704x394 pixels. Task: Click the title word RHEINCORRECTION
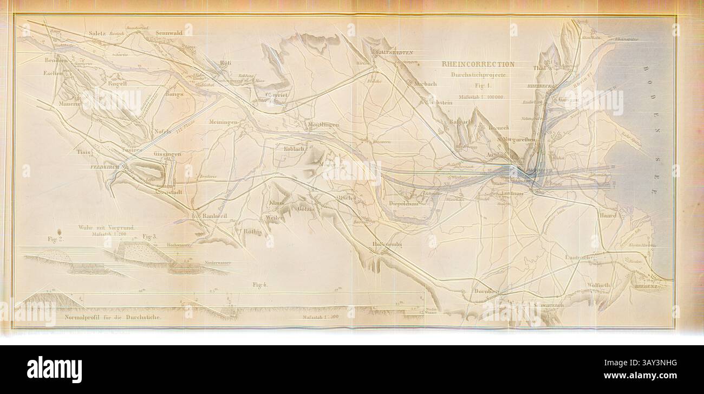(x=478, y=64)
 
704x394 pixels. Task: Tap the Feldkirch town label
(x=105, y=168)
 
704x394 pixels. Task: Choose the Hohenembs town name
(x=388, y=244)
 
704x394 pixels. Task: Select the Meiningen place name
(x=224, y=122)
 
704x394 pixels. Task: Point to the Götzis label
(x=305, y=209)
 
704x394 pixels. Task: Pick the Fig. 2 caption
(x=55, y=240)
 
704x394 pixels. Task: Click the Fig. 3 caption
(x=149, y=237)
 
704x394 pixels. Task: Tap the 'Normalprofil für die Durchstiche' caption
(x=112, y=317)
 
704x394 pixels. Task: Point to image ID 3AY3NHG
(x=650, y=364)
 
